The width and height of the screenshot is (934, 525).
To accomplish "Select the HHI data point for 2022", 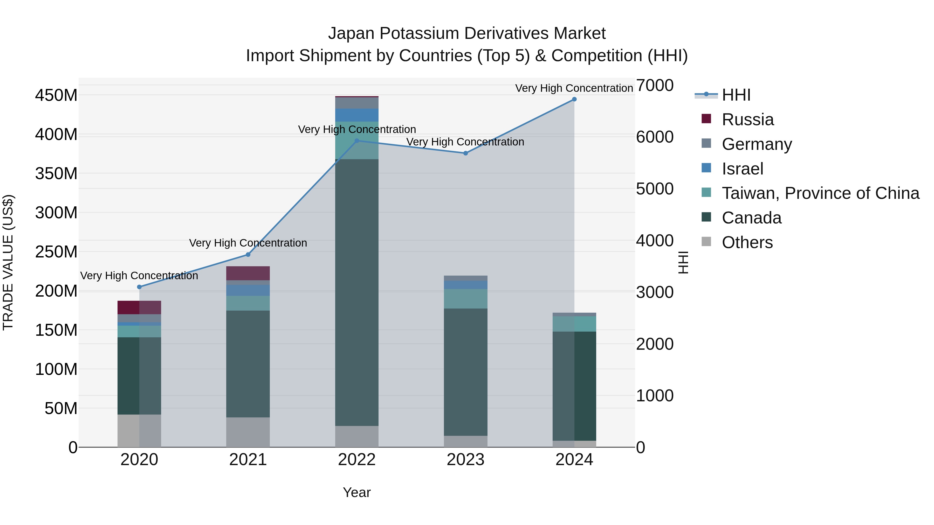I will coord(356,141).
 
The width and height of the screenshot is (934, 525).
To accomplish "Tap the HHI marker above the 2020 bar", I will coord(139,287).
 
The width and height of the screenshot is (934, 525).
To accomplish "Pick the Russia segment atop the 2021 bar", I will coord(248,273).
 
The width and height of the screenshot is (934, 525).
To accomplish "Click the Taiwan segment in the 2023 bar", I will coord(465,299).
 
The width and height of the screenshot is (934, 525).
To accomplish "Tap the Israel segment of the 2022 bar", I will coord(356,115).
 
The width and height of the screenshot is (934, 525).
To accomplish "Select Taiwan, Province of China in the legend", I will coord(820,193).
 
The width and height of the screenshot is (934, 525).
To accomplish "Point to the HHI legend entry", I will coord(736,95).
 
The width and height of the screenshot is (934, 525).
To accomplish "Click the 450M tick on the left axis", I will coord(56,95).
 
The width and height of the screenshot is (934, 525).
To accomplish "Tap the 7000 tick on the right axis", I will coord(655,86).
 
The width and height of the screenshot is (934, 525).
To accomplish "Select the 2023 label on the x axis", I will coord(465,460).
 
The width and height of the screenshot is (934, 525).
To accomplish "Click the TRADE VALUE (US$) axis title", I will coord(8,262).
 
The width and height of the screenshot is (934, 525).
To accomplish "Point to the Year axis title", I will coord(356,492).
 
